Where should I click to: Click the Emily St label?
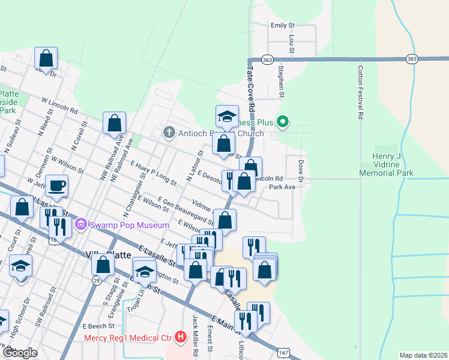pos(283,26)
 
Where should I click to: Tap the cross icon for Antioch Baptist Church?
pos(169,133)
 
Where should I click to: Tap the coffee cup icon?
pos(56,185)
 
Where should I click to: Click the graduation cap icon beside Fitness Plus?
pos(228,116)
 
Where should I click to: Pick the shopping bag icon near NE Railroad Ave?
pos(114,123)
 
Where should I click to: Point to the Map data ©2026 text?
pos(423,355)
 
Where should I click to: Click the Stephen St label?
pos(280,82)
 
